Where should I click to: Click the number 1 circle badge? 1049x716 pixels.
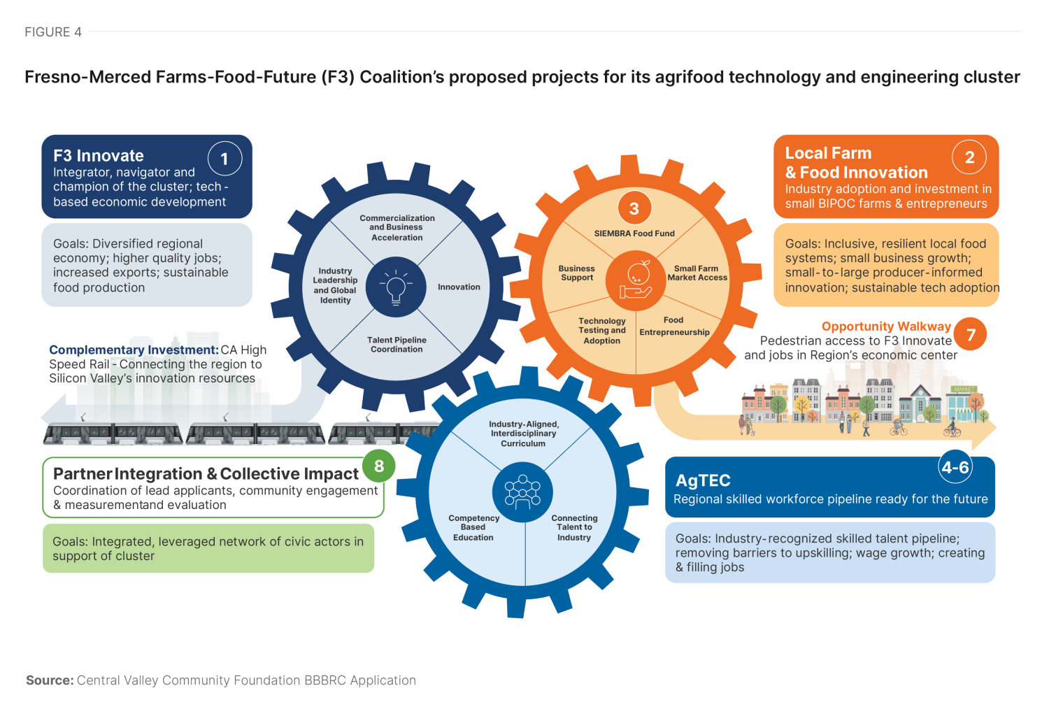click(x=224, y=159)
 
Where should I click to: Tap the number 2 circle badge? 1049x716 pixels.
click(x=969, y=157)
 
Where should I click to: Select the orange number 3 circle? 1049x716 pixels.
click(x=634, y=208)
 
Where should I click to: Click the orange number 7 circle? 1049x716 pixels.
click(x=971, y=335)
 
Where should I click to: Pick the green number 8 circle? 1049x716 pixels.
click(x=378, y=466)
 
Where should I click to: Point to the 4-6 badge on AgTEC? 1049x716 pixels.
click(x=955, y=467)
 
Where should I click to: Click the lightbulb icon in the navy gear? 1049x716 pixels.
click(x=396, y=287)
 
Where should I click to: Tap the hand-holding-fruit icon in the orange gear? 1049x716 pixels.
click(x=636, y=280)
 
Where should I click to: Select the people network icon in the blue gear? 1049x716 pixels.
click(x=522, y=492)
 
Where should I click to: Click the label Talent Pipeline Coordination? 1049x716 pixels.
click(x=397, y=345)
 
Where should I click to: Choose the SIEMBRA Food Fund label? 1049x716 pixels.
click(x=634, y=234)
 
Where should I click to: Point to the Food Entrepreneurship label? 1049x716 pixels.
click(x=674, y=327)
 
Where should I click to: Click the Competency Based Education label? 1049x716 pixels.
click(x=473, y=528)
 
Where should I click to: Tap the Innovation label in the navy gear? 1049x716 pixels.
click(x=459, y=287)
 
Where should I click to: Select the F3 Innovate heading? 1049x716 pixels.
click(x=99, y=156)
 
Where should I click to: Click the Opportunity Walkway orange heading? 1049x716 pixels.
click(x=886, y=327)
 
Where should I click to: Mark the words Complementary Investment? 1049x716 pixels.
click(x=134, y=350)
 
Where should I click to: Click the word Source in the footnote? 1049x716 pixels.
click(x=50, y=680)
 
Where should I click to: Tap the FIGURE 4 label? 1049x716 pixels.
click(x=53, y=32)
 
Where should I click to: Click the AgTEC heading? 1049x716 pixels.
click(x=703, y=480)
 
